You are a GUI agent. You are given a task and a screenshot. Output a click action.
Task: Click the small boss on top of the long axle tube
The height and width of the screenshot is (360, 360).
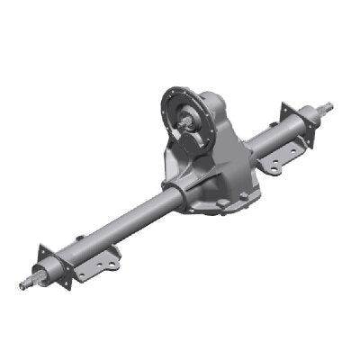coord(80,238)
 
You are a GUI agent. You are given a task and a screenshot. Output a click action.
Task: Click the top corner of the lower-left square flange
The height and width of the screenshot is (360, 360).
coord(41,245)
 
